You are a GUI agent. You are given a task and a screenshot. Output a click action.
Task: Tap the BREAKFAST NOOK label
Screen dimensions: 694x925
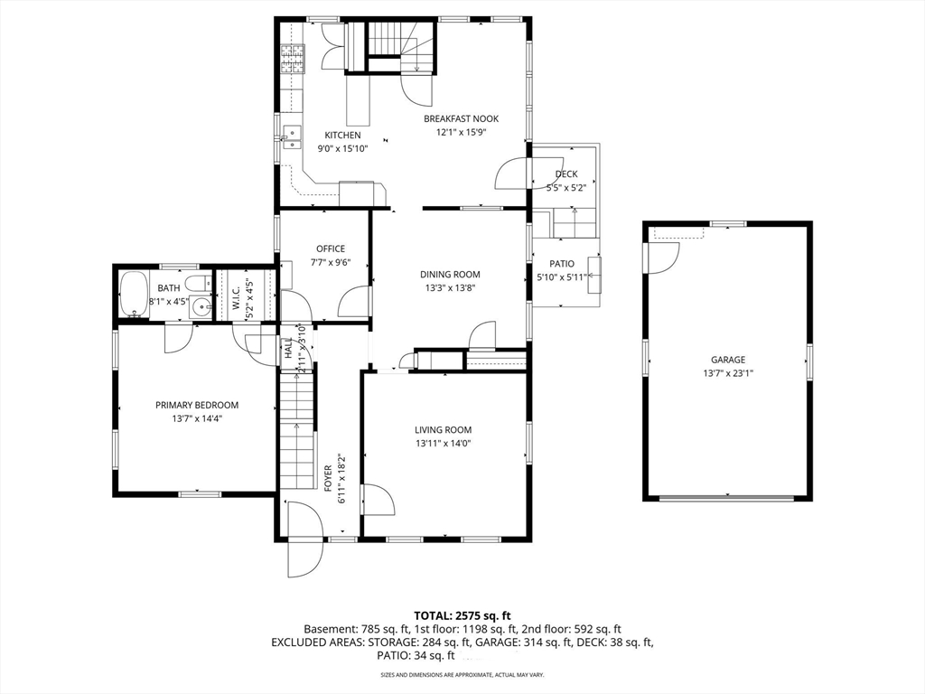461,118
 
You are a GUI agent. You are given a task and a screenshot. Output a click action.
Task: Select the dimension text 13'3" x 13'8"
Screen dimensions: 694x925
449,288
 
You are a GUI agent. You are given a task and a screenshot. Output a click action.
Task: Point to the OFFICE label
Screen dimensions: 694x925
330,249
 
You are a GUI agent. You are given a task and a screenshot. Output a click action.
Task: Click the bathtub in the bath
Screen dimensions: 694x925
134,294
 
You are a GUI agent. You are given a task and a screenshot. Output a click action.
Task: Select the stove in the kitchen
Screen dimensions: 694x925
293,59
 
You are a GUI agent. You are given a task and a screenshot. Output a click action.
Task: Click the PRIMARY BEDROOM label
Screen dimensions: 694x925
197,406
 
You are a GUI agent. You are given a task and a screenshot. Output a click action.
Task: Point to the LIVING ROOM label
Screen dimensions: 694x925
444,430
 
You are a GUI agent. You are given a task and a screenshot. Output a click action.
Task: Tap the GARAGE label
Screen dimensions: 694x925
727,360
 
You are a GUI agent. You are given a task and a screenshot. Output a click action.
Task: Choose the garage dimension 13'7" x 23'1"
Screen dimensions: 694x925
727,373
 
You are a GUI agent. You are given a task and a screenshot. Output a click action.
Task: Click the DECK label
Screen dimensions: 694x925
566,174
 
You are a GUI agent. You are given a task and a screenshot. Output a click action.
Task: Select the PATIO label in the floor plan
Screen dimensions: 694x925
562,264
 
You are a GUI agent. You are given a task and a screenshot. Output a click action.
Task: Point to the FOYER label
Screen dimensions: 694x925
329,477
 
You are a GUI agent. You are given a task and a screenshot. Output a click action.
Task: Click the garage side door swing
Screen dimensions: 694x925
661,258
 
